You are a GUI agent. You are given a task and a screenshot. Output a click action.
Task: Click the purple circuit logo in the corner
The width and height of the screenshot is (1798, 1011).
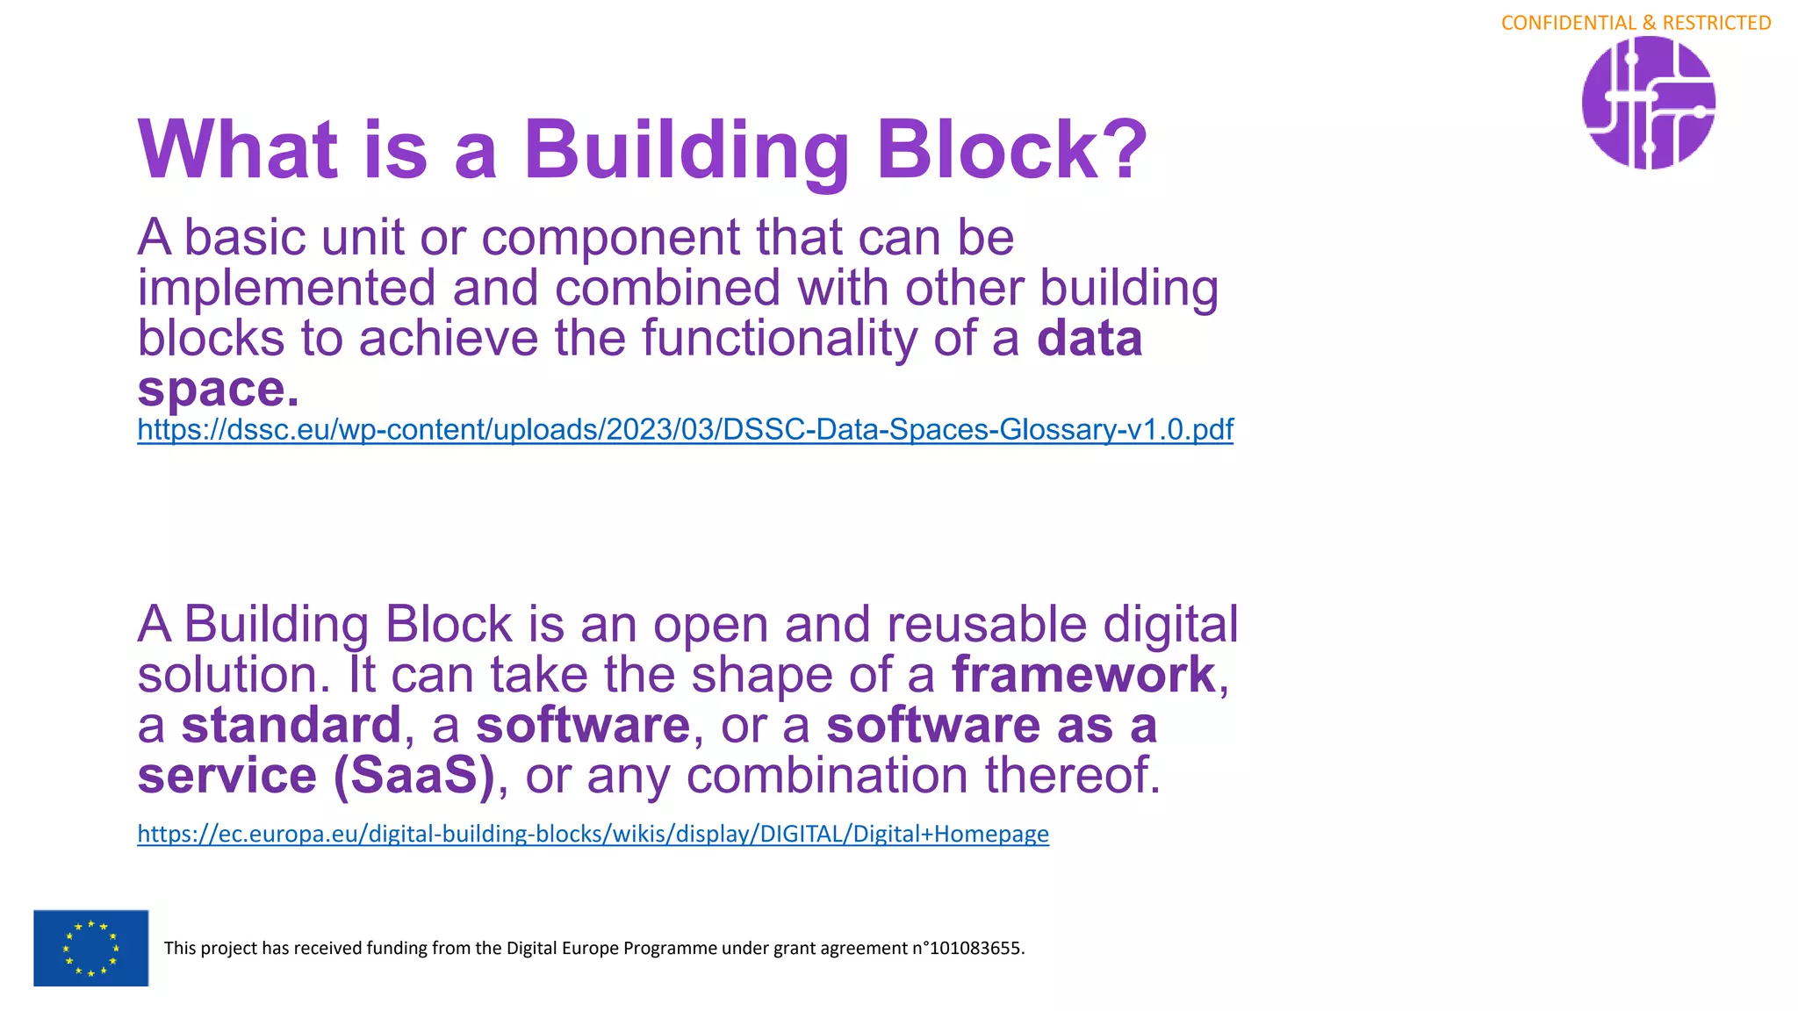pyautogui.click(x=1648, y=103)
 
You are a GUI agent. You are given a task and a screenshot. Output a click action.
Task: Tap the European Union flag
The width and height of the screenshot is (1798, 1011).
pyautogui.click(x=90, y=948)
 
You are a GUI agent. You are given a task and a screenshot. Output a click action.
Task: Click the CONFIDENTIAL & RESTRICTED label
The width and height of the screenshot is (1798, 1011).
pyautogui.click(x=1636, y=23)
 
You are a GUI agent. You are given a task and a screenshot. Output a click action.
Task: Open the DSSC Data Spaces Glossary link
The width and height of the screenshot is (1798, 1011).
pyautogui.click(x=685, y=429)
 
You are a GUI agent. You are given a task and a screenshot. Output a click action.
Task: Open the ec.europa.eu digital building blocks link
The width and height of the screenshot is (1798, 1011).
pyautogui.click(x=593, y=833)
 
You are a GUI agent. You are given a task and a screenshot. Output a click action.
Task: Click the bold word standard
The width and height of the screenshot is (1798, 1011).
pyautogui.click(x=291, y=725)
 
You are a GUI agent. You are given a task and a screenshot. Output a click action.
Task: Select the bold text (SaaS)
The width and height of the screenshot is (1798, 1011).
pyautogui.click(x=414, y=776)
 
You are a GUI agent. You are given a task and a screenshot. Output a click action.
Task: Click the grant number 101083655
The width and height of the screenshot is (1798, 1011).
pyautogui.click(x=975, y=948)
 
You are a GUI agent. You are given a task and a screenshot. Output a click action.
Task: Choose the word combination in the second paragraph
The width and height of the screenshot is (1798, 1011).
pyautogui.click(x=829, y=776)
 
